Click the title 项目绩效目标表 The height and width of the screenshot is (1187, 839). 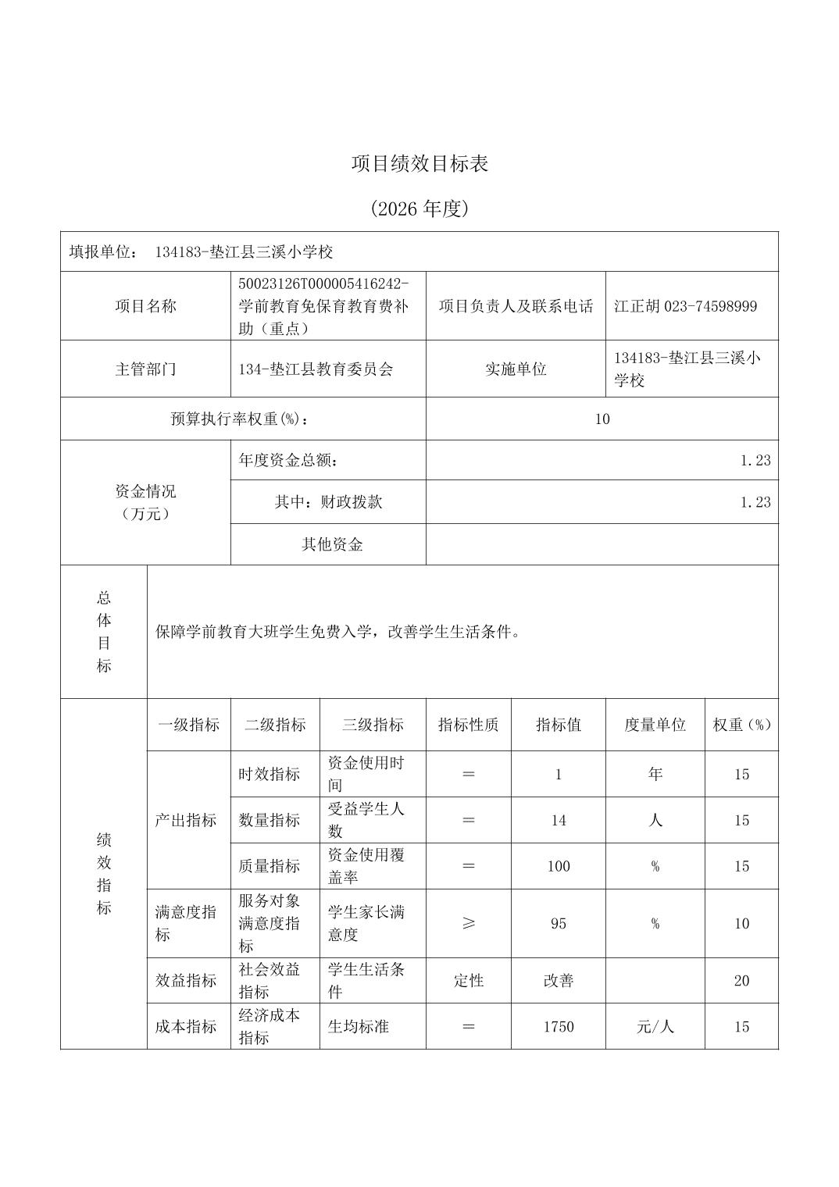[419, 164]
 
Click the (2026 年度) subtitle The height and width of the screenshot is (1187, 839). [419, 209]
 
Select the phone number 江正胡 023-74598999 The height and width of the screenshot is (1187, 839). [685, 306]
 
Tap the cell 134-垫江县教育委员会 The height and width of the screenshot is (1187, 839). [316, 369]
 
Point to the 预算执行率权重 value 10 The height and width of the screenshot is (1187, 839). [602, 419]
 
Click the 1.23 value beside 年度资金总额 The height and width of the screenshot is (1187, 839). [755, 460]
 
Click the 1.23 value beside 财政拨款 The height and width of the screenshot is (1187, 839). [755, 501]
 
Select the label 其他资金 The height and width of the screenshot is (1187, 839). [332, 544]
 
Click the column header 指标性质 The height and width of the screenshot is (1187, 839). [468, 725]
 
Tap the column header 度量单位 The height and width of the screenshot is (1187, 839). [655, 725]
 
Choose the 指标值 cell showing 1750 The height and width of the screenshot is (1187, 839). [558, 1026]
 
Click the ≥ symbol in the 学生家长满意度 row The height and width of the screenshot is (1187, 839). [468, 923]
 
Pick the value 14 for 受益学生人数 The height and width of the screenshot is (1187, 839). [558, 820]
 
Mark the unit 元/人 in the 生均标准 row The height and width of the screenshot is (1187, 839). [655, 1026]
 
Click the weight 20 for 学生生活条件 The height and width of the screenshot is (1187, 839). [741, 980]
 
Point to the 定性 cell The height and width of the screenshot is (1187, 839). [468, 980]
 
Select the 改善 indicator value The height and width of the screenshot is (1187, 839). [558, 980]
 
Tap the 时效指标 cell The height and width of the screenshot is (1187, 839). [269, 774]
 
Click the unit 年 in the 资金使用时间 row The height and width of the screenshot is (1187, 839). [655, 774]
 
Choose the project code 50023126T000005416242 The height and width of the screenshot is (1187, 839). [323, 283]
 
